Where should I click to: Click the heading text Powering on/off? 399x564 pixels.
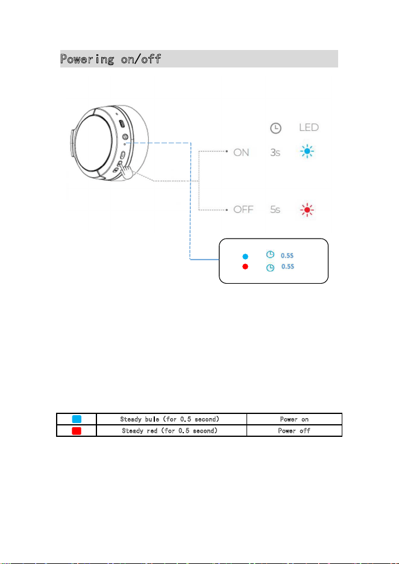pyautogui.click(x=110, y=59)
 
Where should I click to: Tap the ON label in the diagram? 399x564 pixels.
pyautogui.click(x=241, y=152)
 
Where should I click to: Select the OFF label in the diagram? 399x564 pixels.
pyautogui.click(x=243, y=209)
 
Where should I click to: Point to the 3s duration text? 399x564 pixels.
pyautogui.click(x=275, y=152)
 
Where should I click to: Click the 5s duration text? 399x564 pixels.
pyautogui.click(x=275, y=209)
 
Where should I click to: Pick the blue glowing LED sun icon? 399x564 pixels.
pyautogui.click(x=307, y=152)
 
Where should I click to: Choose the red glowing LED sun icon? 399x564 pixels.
pyautogui.click(x=307, y=209)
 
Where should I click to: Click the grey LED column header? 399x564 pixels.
pyautogui.click(x=309, y=127)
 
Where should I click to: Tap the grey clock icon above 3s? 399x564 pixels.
pyautogui.click(x=275, y=128)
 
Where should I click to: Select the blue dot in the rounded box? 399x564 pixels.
pyautogui.click(x=245, y=257)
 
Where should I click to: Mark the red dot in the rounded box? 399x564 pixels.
pyautogui.click(x=245, y=266)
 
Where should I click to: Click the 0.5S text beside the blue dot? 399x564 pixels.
pyautogui.click(x=287, y=255)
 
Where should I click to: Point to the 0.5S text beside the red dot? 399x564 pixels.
pyautogui.click(x=287, y=266)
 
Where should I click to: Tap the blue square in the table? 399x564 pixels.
pyautogui.click(x=77, y=419)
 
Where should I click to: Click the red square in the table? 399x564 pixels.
pyautogui.click(x=77, y=431)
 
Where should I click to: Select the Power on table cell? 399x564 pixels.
pyautogui.click(x=294, y=419)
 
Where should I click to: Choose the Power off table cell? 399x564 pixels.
pyautogui.click(x=294, y=431)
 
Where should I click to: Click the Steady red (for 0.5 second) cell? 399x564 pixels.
pyautogui.click(x=172, y=431)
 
